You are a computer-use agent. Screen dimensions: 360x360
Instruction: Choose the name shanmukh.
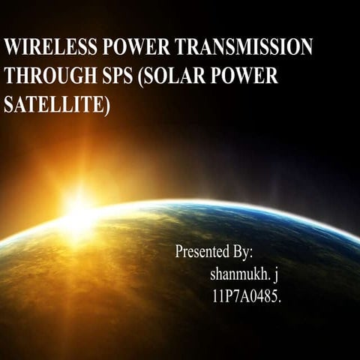[x=242, y=274]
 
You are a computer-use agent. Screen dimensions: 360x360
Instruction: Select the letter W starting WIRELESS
[x=12, y=47]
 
